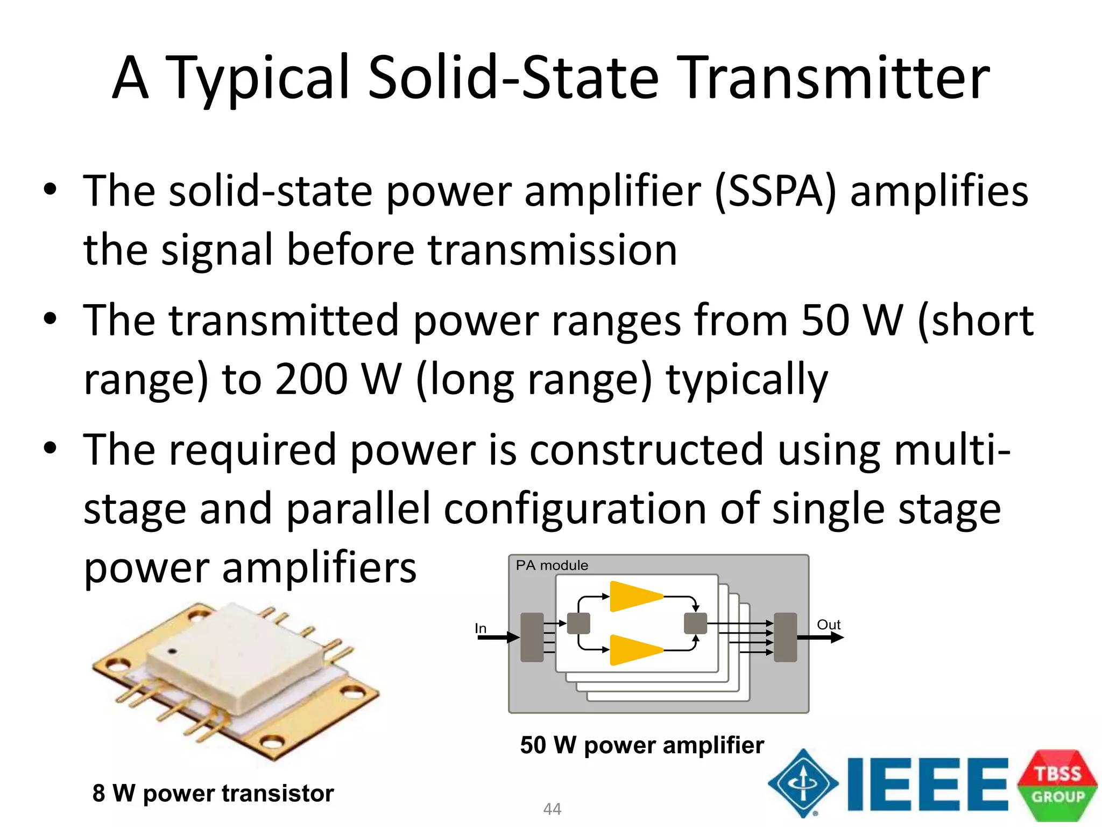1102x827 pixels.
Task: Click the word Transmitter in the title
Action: point(833,78)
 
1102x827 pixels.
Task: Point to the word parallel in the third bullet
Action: point(358,509)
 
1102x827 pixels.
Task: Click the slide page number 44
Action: point(552,809)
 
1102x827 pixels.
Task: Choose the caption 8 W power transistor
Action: point(213,793)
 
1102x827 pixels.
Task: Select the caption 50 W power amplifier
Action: point(642,745)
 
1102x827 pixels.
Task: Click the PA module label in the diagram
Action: point(552,565)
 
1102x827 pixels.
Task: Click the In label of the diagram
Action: point(481,628)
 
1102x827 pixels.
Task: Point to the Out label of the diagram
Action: point(829,625)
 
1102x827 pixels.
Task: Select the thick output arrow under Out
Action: point(820,638)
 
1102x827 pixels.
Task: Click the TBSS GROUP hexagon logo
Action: point(1057,785)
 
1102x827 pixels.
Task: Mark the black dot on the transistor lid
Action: point(172,651)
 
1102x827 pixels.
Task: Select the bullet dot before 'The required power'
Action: point(50,448)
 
